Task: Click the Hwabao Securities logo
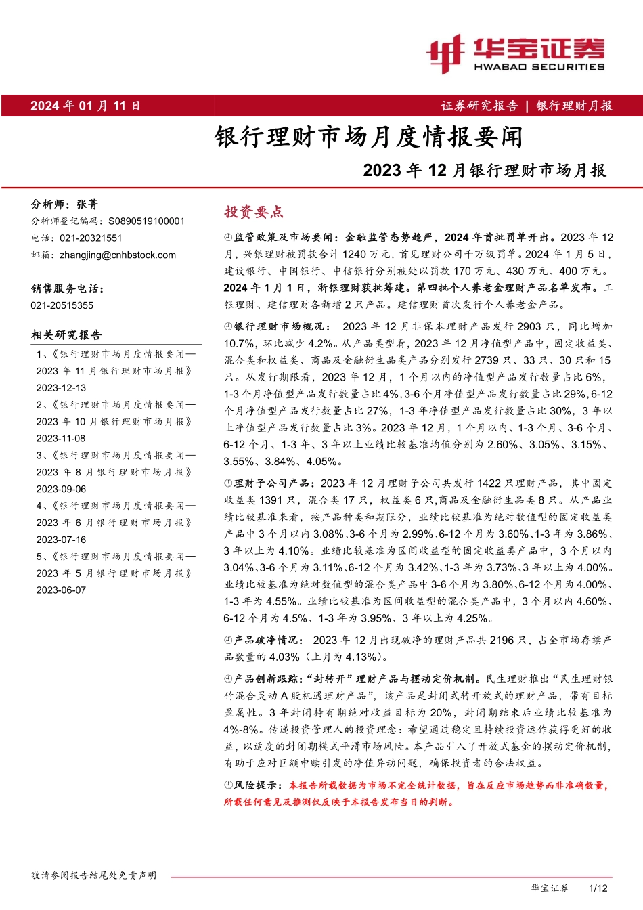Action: [515, 53]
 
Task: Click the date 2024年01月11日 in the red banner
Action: [85, 106]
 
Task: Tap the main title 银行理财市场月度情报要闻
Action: [368, 137]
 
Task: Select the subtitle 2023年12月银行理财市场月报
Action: [484, 170]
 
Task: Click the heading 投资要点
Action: [254, 212]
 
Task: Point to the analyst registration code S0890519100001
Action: [146, 221]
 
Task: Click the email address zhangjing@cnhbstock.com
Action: [118, 255]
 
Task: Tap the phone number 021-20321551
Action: [91, 238]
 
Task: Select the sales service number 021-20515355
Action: [62, 305]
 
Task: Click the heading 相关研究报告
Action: [66, 334]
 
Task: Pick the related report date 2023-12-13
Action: [62, 388]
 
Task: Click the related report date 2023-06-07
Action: [62, 590]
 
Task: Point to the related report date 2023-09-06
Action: [62, 489]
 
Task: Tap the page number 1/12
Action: [598, 888]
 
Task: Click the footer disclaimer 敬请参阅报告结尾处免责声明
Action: [93, 875]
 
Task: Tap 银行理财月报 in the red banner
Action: [574, 106]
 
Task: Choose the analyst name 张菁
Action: [87, 204]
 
